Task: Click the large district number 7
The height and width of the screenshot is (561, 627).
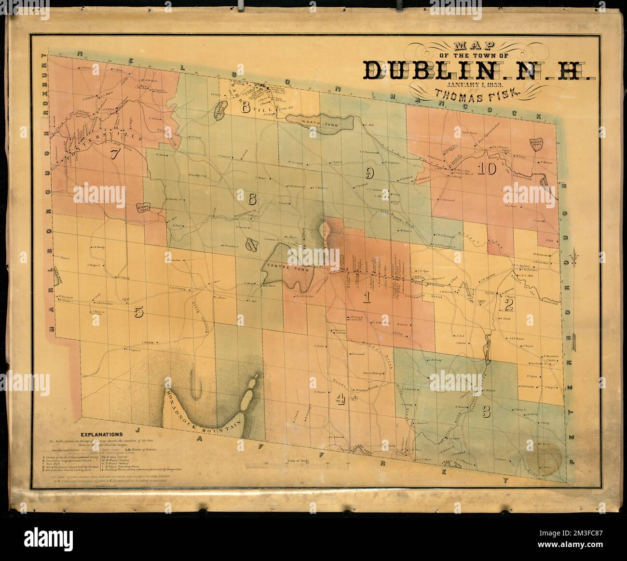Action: [x=115, y=154]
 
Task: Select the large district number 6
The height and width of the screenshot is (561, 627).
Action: [x=253, y=198]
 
